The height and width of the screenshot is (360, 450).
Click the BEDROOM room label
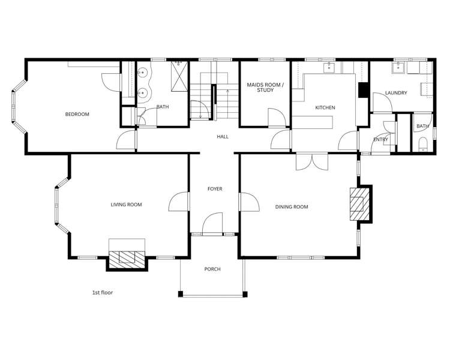pos(77,115)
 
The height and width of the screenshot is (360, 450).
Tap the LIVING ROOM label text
pos(126,205)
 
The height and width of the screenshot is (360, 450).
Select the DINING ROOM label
pos(292,207)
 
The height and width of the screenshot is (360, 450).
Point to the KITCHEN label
pos(325,108)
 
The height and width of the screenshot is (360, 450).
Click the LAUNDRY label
pos(397,93)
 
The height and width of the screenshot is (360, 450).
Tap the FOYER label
pos(215,189)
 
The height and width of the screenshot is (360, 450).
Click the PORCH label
pos(212,269)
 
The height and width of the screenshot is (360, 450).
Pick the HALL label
pos(223,137)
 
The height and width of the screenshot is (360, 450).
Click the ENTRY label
pos(380,140)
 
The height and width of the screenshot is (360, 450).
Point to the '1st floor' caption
pos(103,293)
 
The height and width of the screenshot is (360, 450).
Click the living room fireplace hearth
pos(127,257)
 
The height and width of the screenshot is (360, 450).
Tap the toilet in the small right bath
pos(422,143)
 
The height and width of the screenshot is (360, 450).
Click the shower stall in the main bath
pos(179,75)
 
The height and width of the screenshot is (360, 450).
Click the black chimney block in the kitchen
pos(362,90)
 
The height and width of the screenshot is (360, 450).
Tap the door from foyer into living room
pos(179,202)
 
